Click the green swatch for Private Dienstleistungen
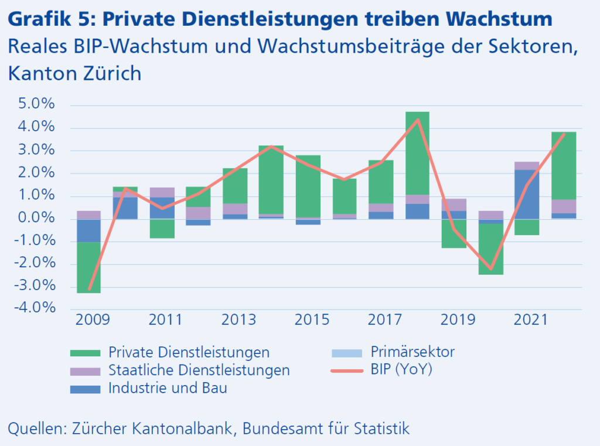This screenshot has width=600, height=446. point(85,353)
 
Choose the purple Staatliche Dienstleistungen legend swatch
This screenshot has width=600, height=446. point(85,371)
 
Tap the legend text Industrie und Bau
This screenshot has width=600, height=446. point(168,389)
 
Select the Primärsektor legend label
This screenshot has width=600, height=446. point(412,352)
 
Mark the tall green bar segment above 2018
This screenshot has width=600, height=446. point(418,153)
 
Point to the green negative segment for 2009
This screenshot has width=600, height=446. point(89,267)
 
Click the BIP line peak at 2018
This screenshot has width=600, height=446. point(418,120)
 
